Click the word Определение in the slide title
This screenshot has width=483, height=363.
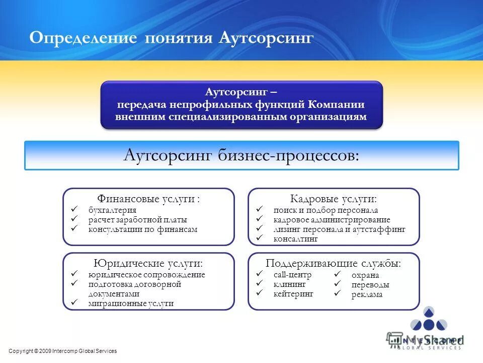click(83, 38)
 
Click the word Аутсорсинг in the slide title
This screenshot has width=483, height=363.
click(266, 38)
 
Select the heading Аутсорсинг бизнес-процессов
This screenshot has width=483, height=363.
click(242, 155)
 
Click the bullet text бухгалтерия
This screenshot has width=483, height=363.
click(112, 210)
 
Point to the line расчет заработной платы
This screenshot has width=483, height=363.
click(137, 220)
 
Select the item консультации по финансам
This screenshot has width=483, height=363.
click(143, 229)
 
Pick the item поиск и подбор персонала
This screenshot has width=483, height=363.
click(326, 210)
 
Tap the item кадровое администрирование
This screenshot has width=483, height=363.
click(332, 220)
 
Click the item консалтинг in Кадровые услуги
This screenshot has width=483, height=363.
click(295, 239)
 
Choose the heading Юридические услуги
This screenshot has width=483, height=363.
click(148, 264)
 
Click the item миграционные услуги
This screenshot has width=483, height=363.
click(131, 304)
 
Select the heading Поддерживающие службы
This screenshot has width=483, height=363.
click(334, 264)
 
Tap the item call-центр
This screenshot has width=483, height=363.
click(292, 275)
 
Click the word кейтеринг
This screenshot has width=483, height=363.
click(293, 293)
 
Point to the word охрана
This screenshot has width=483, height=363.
click(365, 275)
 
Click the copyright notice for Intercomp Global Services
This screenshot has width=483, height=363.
click(63, 351)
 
